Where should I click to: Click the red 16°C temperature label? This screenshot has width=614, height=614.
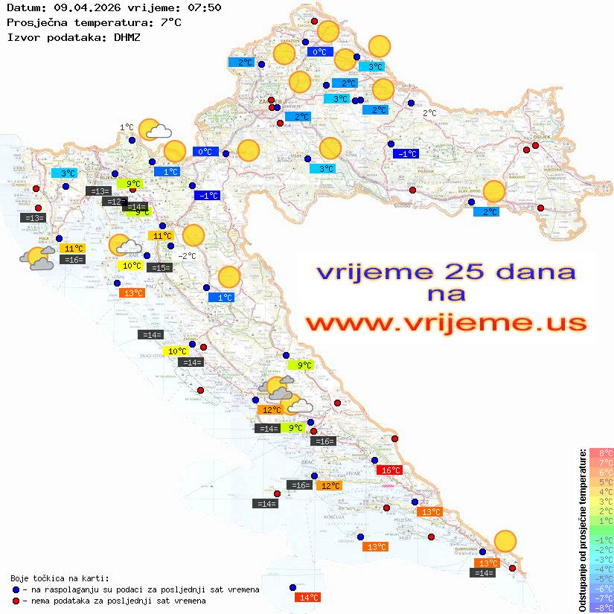389,470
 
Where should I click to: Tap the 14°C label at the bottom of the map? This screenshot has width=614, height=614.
307,597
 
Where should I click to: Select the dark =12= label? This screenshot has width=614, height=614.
114,201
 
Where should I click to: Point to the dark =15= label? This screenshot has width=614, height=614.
159,267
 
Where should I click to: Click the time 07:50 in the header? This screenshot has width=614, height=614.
204,8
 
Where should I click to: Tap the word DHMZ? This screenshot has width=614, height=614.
127,36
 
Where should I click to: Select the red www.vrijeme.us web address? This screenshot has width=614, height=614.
446,323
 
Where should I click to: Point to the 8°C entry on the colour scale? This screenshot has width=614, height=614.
601,453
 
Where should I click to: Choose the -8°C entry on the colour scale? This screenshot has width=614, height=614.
601,607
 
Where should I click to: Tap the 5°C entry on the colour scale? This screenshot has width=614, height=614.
601,482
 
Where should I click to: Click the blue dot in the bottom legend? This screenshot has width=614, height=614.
16,589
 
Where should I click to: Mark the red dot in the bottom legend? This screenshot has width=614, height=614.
16,601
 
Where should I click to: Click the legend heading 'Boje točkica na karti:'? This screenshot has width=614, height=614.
60,578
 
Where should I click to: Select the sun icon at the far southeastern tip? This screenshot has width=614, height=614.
505,541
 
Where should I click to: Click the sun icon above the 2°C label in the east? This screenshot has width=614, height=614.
493,191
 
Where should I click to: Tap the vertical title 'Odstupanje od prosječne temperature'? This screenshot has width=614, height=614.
581,529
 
